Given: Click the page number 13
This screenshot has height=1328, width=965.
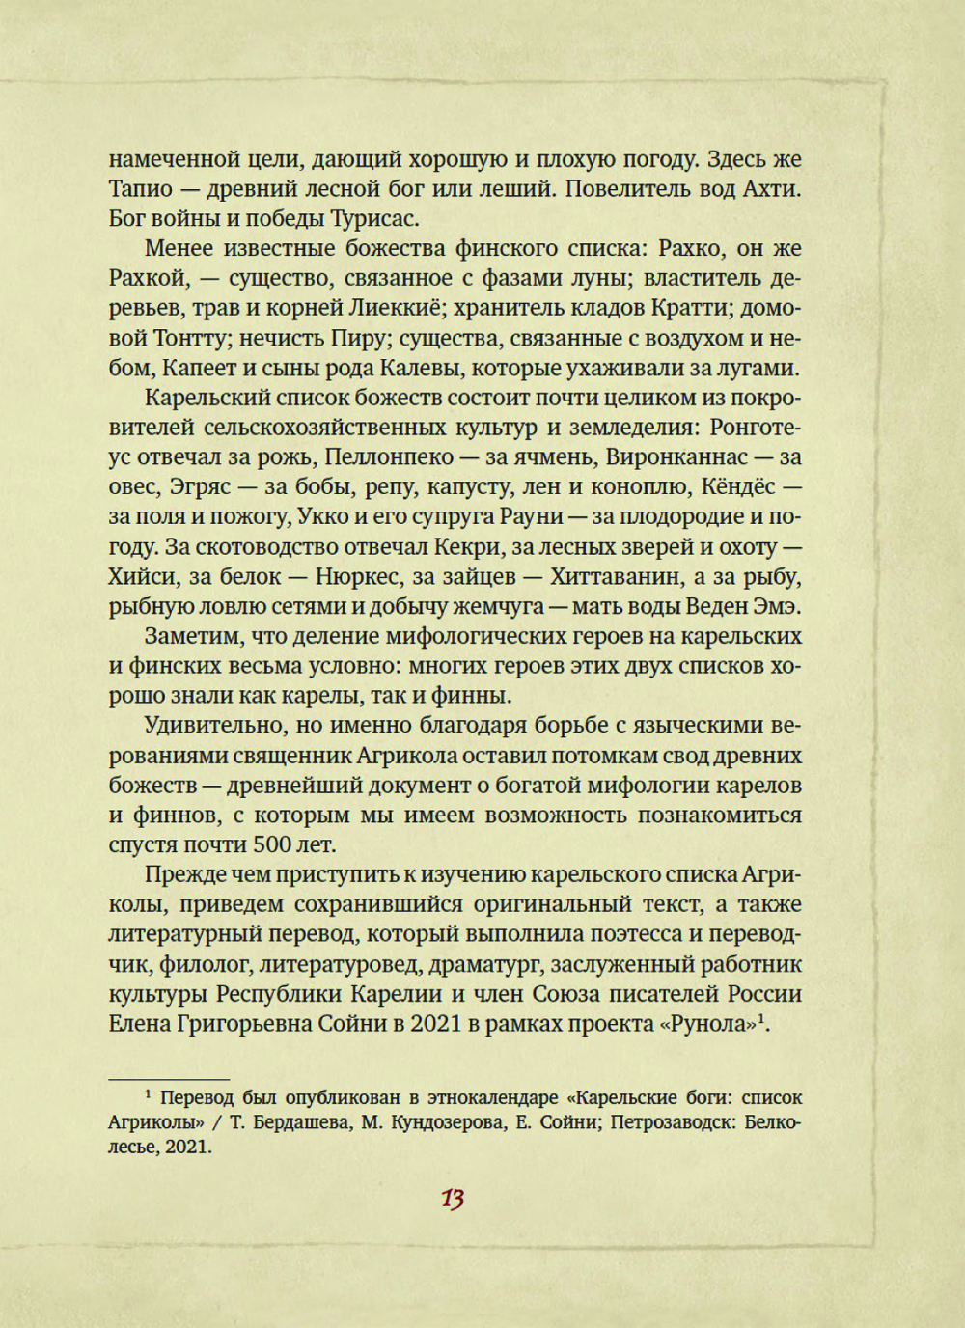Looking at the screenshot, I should [x=453, y=1200].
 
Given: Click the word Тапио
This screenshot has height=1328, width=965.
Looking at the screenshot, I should [x=139, y=189].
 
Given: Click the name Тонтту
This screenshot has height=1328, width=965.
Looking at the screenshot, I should [x=187, y=339].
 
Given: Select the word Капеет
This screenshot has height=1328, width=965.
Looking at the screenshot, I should [x=197, y=369].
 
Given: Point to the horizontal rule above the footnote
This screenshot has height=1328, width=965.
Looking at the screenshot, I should [x=168, y=1078].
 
